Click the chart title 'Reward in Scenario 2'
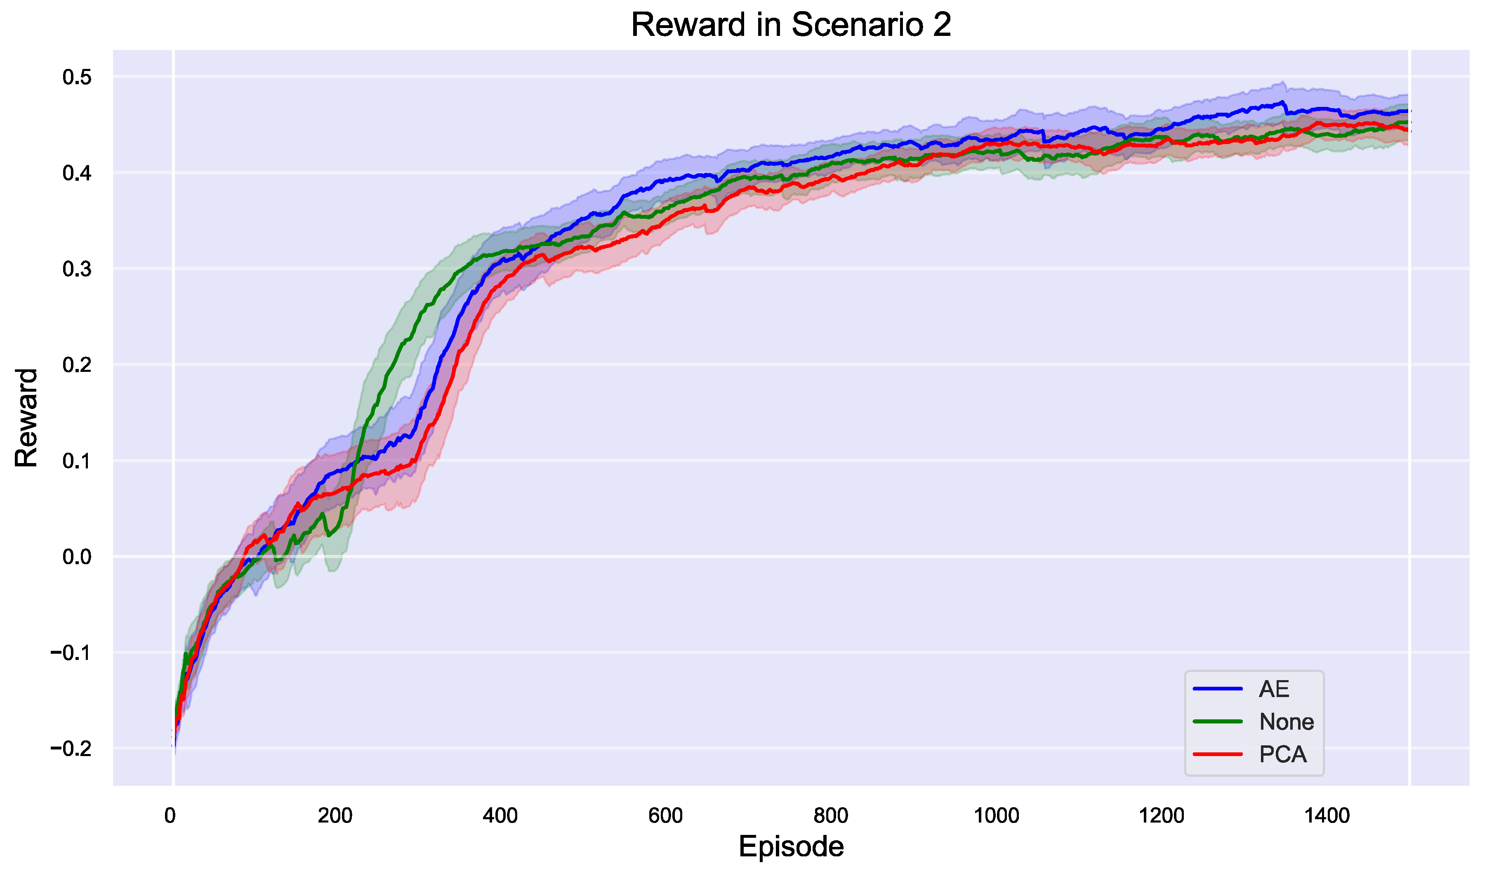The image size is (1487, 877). point(791,26)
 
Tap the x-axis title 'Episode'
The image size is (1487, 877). point(791,846)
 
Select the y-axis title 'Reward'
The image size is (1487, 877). point(26,418)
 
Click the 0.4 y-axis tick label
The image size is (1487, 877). point(78,173)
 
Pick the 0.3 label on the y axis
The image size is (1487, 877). point(78,269)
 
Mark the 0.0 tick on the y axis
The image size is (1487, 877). point(78,557)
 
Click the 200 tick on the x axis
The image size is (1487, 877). point(335,816)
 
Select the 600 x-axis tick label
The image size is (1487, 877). point(666,816)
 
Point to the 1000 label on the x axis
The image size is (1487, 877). point(996,816)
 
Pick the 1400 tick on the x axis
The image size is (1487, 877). point(1327,816)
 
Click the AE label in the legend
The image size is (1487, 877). point(1274,689)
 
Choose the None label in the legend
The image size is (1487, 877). point(1286,721)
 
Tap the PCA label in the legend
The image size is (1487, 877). point(1283,754)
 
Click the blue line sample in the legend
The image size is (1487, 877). point(1218,689)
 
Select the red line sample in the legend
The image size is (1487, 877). point(1218,754)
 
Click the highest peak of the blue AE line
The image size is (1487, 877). point(1282,102)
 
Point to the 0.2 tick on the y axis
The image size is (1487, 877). point(78,365)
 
